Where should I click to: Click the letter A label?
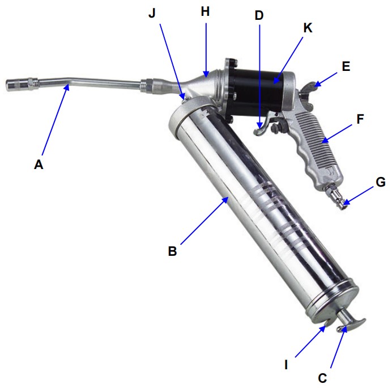39,165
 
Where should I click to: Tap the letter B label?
173,251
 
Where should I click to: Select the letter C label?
322,378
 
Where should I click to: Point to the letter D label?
259,15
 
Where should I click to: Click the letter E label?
346,66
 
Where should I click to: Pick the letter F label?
360,119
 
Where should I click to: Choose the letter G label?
381,182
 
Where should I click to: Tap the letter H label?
205,11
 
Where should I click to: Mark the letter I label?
286,365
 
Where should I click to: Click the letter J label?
152,13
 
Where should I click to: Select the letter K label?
308,28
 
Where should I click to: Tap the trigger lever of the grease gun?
264,124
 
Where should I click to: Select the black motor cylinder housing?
254,92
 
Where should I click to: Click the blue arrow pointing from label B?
204,220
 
